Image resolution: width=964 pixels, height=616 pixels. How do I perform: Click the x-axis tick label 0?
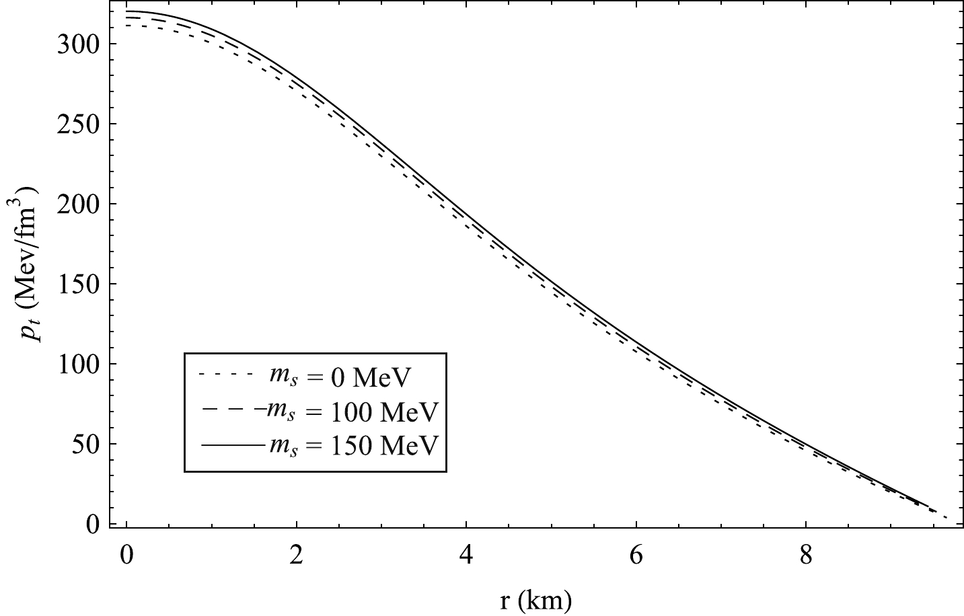[126, 557]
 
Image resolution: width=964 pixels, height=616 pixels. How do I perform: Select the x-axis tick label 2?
[296, 557]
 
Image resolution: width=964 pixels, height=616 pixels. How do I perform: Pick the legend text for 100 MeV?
[353, 411]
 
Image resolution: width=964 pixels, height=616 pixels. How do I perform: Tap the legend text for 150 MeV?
[353, 444]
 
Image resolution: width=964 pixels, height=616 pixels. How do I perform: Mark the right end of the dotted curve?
[947, 517]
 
